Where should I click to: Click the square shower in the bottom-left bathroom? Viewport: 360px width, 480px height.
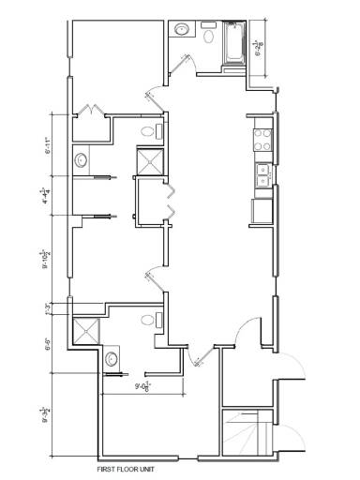click(86, 330)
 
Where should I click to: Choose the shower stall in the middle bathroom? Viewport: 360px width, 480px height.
click(149, 162)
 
